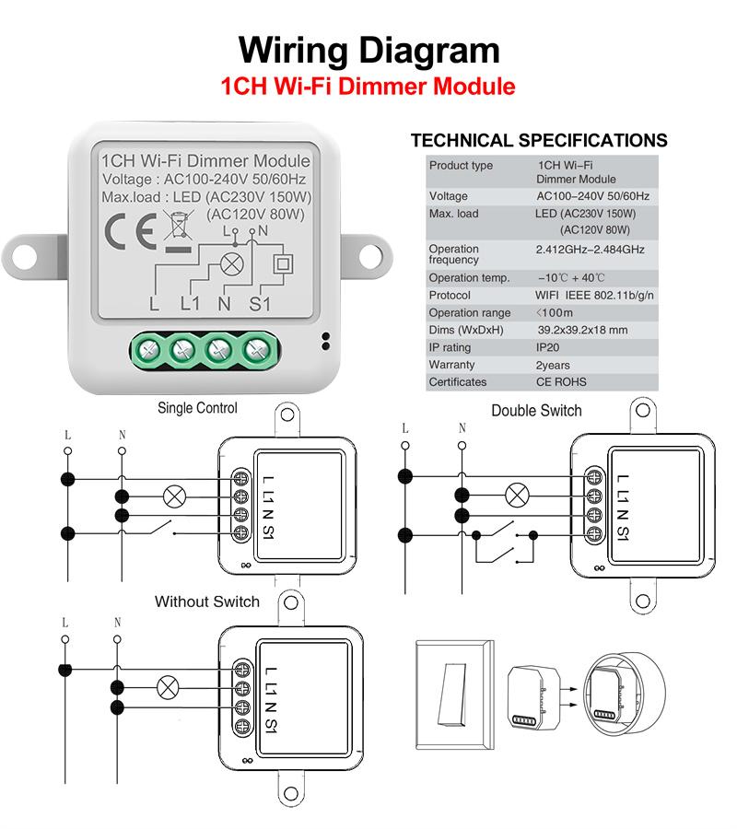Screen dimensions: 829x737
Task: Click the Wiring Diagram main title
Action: pyautogui.click(x=368, y=50)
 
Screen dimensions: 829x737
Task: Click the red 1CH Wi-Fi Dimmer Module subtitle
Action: pyautogui.click(x=368, y=88)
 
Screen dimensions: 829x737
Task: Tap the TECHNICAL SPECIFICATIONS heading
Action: pyautogui.click(x=539, y=141)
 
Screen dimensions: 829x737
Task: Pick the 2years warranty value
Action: pyautogui.click(x=553, y=366)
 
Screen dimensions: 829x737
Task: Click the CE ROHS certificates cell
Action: pyautogui.click(x=560, y=382)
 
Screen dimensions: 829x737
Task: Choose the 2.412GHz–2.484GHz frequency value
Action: pyautogui.click(x=590, y=250)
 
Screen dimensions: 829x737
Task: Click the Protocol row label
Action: pyautogui.click(x=450, y=296)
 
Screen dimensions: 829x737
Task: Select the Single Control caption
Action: pyautogui.click(x=197, y=408)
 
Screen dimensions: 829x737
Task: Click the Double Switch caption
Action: pyautogui.click(x=536, y=410)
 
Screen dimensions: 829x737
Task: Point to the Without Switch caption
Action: pyautogui.click(x=207, y=601)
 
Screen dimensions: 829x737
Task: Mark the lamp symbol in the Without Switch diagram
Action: pyautogui.click(x=168, y=687)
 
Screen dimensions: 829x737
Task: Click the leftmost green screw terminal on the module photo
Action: pyautogui.click(x=148, y=350)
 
